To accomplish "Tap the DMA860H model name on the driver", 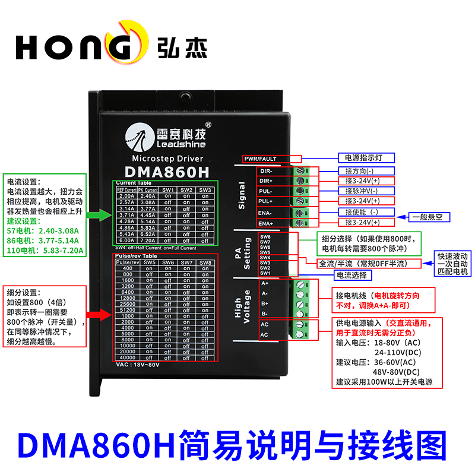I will pyautogui.click(x=167, y=172).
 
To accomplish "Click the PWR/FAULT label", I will pyautogui.click(x=272, y=159).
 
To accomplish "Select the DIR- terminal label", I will pyautogui.click(x=265, y=170).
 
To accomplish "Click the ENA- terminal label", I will pyautogui.click(x=265, y=213).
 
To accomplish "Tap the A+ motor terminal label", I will pyautogui.click(x=265, y=283).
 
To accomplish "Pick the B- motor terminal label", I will pyautogui.click(x=265, y=313).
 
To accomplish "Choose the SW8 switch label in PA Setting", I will pyautogui.click(x=265, y=237).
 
